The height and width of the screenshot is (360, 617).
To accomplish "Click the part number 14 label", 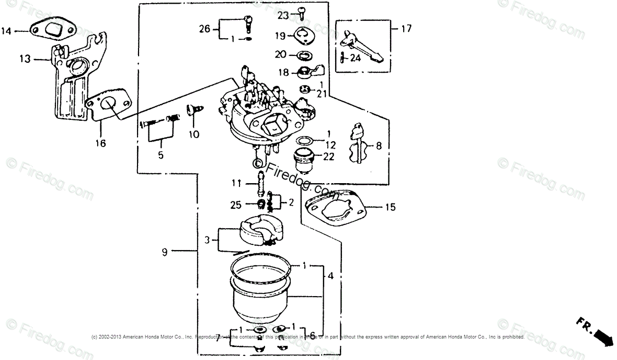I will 6,31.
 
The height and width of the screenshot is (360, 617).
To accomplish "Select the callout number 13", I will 25,59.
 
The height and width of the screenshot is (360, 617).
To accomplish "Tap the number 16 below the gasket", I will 100,143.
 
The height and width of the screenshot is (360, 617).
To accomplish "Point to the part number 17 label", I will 406,29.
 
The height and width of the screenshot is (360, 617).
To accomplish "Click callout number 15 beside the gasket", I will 390,208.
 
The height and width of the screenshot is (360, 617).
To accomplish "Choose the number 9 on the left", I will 165,252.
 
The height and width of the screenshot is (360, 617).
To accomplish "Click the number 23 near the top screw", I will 283,16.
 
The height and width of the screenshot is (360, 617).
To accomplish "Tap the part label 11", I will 237,183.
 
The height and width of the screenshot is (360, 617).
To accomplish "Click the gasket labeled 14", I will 54,29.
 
